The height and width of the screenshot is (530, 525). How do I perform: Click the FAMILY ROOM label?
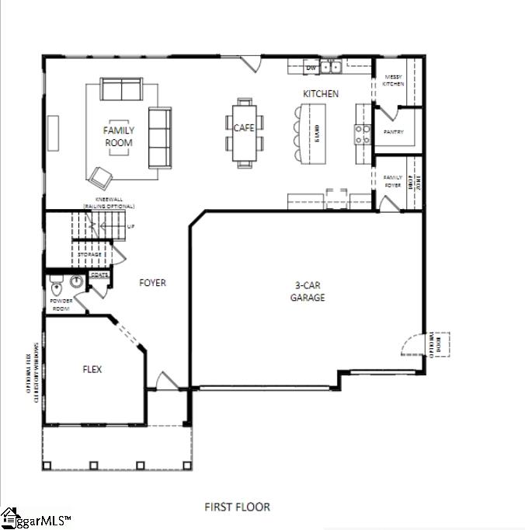click(119, 137)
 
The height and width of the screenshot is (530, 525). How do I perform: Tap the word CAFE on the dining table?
click(245, 127)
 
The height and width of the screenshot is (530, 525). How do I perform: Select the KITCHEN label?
click(321, 94)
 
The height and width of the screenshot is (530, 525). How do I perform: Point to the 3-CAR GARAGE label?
click(308, 292)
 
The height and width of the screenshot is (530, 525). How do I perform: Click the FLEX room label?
click(92, 369)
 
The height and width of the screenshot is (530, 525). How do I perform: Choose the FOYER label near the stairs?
click(153, 283)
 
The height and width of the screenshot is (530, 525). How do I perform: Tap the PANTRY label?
click(394, 132)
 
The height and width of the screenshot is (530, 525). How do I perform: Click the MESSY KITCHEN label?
click(393, 80)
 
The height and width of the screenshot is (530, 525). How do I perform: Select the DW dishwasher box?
click(311, 68)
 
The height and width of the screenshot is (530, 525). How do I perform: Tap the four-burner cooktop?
click(363, 134)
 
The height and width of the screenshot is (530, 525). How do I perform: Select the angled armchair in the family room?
click(100, 178)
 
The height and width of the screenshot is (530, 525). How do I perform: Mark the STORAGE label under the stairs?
click(90, 254)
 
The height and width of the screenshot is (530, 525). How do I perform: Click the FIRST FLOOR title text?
click(237, 507)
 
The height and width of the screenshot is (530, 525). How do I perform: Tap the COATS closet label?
click(99, 274)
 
